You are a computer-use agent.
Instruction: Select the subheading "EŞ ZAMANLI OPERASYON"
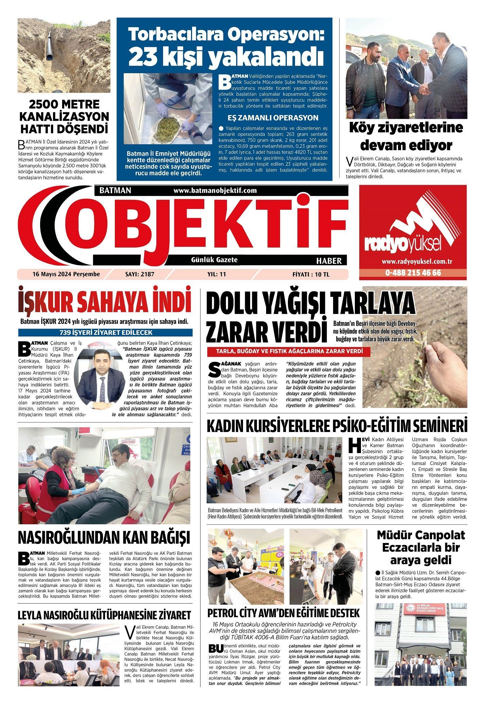coord(273,118)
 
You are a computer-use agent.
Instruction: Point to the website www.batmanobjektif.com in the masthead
coord(215,191)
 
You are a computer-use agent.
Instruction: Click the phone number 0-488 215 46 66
coord(413,273)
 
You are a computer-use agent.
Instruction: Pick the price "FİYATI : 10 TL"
coord(311,274)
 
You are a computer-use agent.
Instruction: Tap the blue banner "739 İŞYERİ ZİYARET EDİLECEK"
coord(105,333)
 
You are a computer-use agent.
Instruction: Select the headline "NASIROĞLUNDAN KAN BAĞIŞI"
coord(104,537)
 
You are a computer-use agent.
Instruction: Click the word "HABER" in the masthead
coord(329,261)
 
